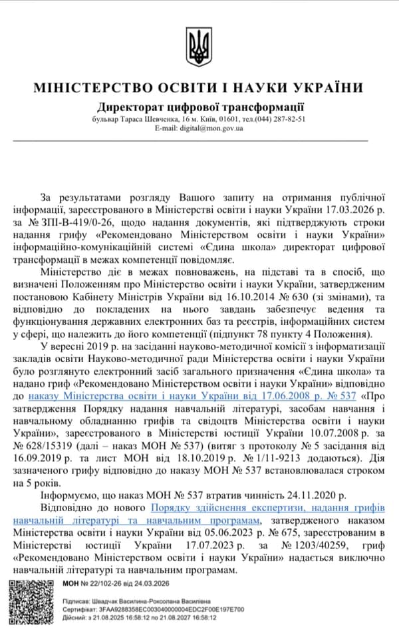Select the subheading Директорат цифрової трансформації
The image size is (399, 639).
[200, 106]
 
